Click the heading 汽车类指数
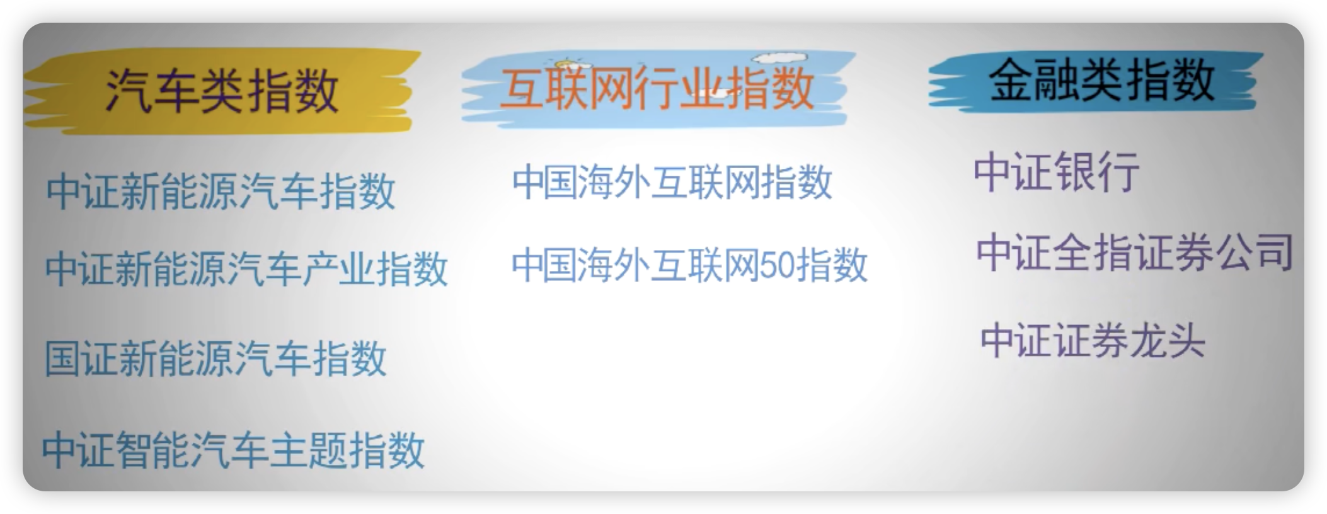[222, 91]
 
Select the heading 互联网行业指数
[657, 89]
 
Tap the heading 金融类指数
[1101, 80]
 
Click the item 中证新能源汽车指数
[221, 191]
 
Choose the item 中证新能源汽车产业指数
[246, 269]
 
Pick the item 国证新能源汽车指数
[215, 358]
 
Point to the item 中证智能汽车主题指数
[233, 449]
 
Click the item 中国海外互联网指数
[672, 182]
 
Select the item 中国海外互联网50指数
[689, 264]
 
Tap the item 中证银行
[1057, 171]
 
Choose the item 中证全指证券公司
[1135, 252]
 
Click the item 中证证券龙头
[1093, 341]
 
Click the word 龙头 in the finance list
[1168, 341]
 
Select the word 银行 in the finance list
[1098, 171]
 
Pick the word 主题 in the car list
[309, 449]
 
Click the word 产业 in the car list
[338, 269]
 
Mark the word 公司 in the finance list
[1254, 252]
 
